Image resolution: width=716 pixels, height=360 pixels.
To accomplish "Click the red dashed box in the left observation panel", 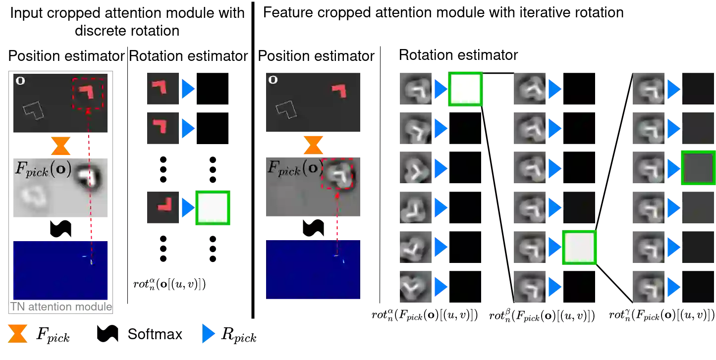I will click(x=88, y=93).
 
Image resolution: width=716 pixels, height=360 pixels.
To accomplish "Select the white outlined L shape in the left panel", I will click(x=33, y=110).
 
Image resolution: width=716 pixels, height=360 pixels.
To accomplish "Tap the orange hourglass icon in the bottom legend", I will click(x=17, y=333).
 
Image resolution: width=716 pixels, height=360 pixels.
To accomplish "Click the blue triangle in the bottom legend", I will click(x=209, y=334).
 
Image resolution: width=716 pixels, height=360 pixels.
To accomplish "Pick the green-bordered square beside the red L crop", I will click(x=213, y=208).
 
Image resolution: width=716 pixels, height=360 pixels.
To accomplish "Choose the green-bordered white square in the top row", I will click(x=465, y=89).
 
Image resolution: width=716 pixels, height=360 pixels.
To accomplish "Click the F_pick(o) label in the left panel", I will click(x=43, y=169).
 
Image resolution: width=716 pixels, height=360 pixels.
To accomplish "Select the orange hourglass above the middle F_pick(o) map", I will click(x=313, y=145).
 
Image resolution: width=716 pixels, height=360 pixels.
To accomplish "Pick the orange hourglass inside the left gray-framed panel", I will click(x=61, y=146).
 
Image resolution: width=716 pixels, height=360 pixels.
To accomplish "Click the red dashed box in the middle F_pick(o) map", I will click(x=337, y=174).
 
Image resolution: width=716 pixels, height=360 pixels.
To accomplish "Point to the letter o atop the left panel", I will click(x=20, y=81).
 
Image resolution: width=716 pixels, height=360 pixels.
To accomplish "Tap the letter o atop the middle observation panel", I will click(x=273, y=79).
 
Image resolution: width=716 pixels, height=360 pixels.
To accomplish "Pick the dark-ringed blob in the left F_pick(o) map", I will click(x=89, y=177).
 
